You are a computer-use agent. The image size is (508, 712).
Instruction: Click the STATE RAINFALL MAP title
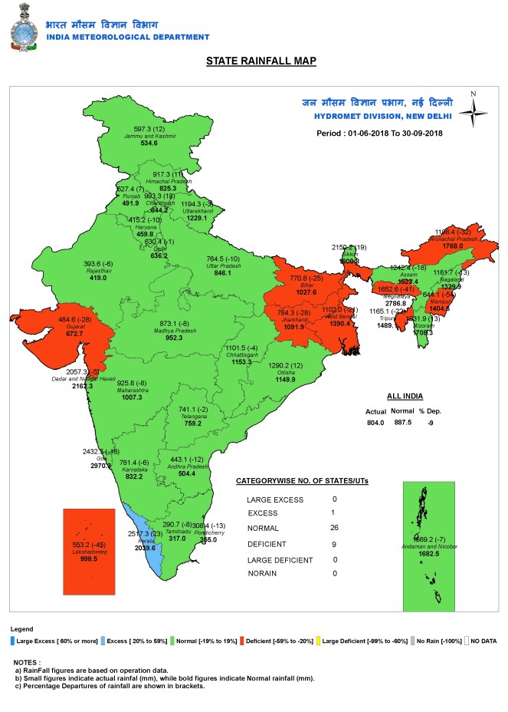(x=261, y=61)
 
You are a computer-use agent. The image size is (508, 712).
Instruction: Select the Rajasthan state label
(x=97, y=272)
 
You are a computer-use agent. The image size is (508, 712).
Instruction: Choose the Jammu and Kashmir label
(x=150, y=136)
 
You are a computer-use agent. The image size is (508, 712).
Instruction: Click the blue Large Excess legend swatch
(x=12, y=639)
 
